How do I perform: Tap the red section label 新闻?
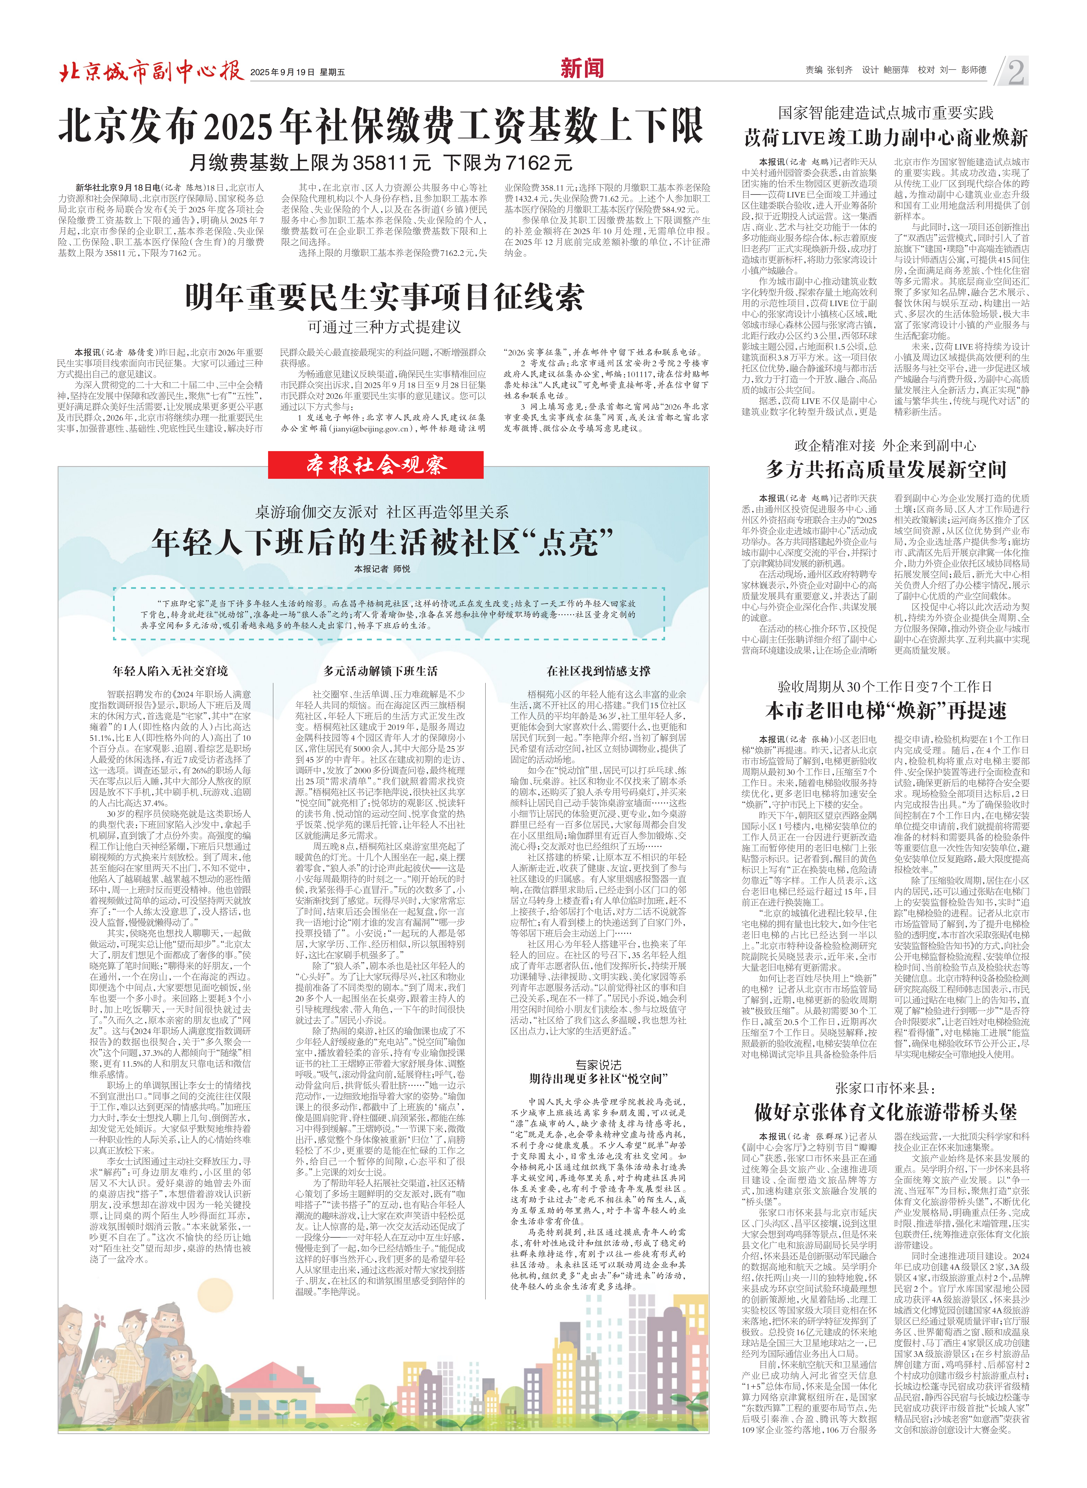coord(582,68)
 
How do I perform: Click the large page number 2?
coord(1015,71)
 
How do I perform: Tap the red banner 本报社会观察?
coord(376,465)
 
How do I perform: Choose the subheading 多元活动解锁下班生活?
coord(380,671)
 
